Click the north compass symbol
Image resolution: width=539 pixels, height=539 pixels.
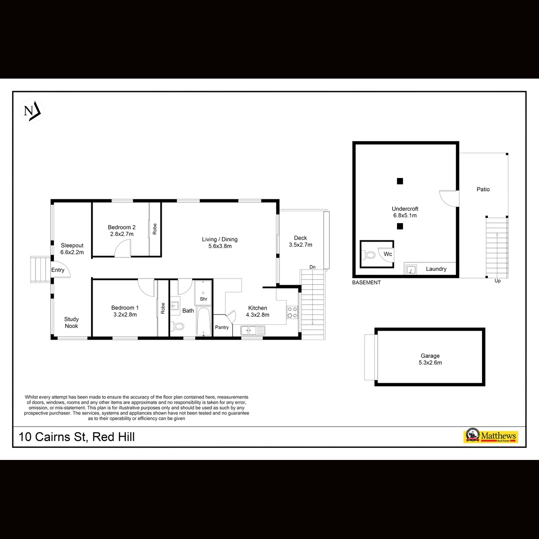tap(32, 111)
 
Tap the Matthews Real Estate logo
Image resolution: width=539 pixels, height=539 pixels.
tap(490, 436)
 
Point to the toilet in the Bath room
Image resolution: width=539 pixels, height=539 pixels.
tap(177, 326)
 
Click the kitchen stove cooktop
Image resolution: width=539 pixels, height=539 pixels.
tap(292, 313)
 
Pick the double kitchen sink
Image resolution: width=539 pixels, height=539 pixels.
tap(252, 330)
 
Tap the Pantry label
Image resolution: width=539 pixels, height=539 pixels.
tap(222, 327)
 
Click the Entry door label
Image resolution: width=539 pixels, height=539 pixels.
tap(57, 270)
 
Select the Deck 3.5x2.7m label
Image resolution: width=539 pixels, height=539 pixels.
tap(300, 241)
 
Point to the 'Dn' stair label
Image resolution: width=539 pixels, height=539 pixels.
tap(313, 267)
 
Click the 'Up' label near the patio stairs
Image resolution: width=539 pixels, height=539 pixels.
tap(498, 281)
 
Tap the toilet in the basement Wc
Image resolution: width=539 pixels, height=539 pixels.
tap(369, 255)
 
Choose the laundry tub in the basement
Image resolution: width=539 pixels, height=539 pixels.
tap(411, 269)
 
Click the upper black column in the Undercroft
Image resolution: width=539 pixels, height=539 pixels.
tap(400, 181)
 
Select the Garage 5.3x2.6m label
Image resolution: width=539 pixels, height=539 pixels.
tap(430, 359)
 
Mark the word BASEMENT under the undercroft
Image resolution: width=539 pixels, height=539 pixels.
tap(367, 283)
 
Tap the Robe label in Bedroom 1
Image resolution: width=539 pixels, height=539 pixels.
tap(163, 308)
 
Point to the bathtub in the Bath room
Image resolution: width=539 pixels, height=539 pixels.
tap(203, 322)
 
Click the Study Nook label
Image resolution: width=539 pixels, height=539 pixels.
tap(71, 323)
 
